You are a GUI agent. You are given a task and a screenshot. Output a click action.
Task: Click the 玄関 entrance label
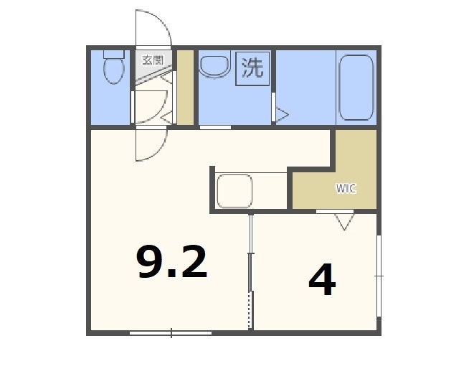(x=152, y=60)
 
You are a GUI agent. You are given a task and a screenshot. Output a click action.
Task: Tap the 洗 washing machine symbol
(x=252, y=68)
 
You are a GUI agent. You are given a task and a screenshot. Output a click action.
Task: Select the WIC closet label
(x=346, y=189)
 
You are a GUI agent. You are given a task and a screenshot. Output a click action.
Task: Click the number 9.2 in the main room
(x=172, y=262)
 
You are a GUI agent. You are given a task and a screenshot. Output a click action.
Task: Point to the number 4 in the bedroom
(x=322, y=281)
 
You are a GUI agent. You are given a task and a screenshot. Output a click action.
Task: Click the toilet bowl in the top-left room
(x=112, y=72)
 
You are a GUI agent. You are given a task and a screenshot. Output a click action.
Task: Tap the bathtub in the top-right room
(x=355, y=87)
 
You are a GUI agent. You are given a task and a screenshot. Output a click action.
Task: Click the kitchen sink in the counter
(x=234, y=191)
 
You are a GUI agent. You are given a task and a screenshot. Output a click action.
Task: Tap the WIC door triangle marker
(x=345, y=222)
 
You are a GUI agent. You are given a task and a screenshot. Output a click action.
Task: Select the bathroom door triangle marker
(x=282, y=114)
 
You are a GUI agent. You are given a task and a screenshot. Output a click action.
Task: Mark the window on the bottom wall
(x=171, y=332)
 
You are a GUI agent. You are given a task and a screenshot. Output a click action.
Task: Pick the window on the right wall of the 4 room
(x=379, y=275)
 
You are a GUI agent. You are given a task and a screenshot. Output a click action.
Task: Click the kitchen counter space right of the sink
(x=270, y=191)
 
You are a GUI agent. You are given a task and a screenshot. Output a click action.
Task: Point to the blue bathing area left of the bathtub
(x=305, y=86)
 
